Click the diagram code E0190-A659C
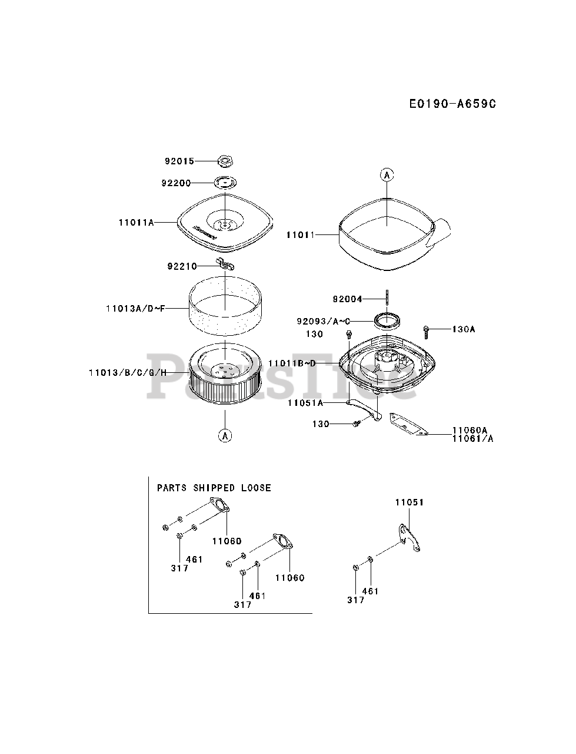coord(452,104)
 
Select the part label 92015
coord(179,161)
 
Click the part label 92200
coord(176,183)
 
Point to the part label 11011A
coord(136,222)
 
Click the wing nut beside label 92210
coord(225,266)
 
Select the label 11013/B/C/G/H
coord(128,372)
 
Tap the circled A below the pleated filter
coord(224,436)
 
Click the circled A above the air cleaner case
coord(387,174)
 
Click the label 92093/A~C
coord(324,321)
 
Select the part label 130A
coord(463,329)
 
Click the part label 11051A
coord(305,403)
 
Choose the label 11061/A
coord(472,438)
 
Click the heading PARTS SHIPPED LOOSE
coord(214,488)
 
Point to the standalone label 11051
coord(409,502)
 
